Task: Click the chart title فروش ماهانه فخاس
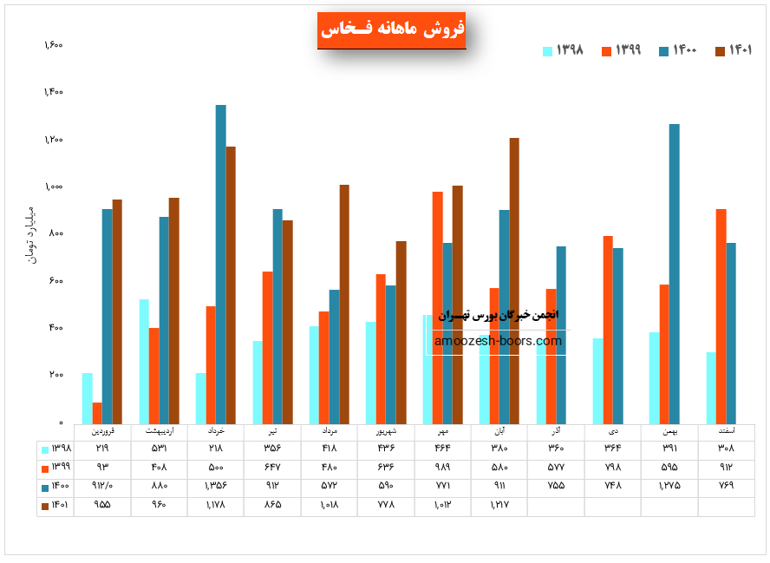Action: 392,29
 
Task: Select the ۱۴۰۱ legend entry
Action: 732,50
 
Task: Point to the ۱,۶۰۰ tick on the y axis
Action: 53,45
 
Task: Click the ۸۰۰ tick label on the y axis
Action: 55,233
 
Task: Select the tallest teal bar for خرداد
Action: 221,264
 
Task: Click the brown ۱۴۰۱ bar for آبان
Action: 514,280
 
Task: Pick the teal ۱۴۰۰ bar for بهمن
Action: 675,273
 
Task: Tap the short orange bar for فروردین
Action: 97,412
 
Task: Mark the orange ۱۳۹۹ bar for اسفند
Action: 721,316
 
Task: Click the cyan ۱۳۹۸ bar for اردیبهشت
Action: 144,361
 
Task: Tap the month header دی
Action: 614,430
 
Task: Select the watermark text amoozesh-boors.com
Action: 499,341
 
